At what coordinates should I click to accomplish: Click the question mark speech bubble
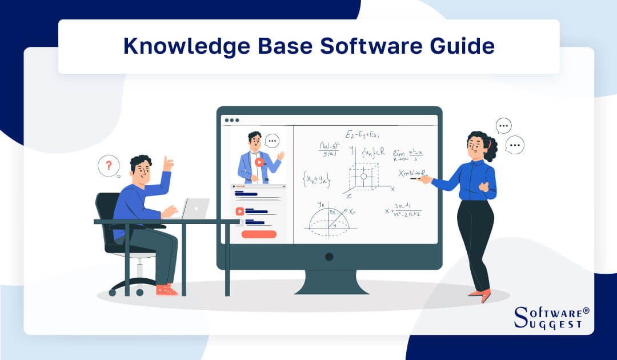108,166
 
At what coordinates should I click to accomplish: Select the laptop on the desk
195,208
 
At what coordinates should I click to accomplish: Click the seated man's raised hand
167,164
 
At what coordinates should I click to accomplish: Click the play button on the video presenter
259,162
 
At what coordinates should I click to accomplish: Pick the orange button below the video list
259,234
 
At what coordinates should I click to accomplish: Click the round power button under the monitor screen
329,257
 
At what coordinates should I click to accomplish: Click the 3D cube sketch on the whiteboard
363,175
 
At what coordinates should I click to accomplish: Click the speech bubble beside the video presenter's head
273,140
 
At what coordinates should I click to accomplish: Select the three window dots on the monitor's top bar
231,120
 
